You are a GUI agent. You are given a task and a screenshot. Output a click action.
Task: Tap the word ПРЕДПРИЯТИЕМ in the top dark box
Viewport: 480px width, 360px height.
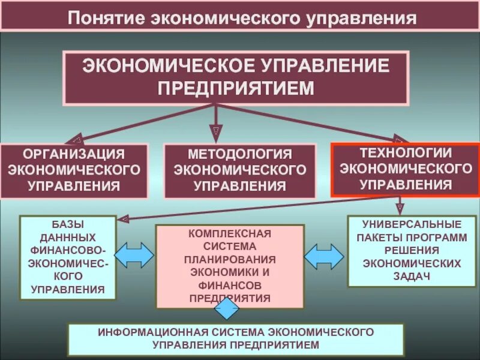(x=236, y=88)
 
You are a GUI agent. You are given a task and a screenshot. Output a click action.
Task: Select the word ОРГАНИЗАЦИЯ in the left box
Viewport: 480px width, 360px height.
(x=74, y=154)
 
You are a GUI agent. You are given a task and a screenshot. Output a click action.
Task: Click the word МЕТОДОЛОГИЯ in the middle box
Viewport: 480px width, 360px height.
(x=240, y=154)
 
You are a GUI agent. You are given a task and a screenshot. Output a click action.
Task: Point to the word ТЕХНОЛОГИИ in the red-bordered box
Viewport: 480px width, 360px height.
(x=406, y=154)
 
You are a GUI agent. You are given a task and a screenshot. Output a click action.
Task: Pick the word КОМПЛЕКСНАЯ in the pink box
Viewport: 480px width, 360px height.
(x=230, y=233)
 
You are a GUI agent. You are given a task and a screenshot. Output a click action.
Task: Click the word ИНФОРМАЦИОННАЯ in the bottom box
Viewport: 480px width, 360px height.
(x=140, y=332)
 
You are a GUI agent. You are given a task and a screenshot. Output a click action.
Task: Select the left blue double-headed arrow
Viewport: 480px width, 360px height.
(x=133, y=255)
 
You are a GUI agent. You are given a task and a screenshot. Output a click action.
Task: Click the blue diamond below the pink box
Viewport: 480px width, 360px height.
(x=227, y=309)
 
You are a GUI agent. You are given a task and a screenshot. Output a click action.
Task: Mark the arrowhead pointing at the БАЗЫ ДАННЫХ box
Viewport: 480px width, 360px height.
(x=121, y=218)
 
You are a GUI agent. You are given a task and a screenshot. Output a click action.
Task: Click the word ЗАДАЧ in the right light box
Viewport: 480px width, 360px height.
(x=414, y=277)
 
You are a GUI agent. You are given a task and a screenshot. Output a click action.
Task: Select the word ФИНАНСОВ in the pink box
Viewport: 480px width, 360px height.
(x=230, y=285)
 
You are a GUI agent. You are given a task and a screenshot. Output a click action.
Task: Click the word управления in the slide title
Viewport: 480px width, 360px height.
(x=362, y=18)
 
